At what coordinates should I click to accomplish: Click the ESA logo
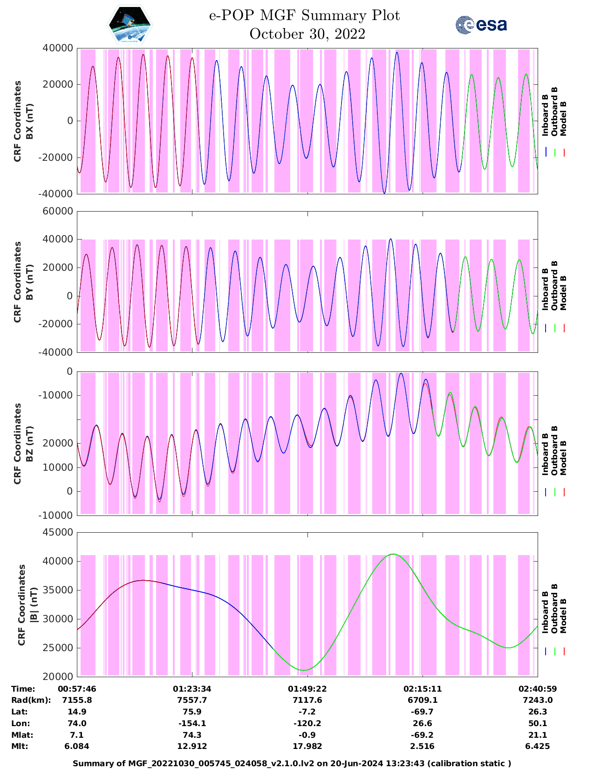point(481,25)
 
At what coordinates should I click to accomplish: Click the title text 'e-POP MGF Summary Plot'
point(304,16)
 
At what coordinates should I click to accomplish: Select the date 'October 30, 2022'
point(307,34)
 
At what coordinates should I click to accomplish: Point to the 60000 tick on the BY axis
point(58,211)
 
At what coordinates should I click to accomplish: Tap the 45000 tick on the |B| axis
point(58,532)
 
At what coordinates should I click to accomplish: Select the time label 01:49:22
point(307,689)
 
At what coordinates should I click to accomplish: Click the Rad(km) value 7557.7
point(192,700)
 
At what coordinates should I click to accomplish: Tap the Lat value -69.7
point(422,712)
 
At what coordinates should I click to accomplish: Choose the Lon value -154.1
point(192,723)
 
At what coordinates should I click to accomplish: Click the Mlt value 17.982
point(307,746)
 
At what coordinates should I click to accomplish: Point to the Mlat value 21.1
point(537,735)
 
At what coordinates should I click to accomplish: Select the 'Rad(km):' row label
point(31,700)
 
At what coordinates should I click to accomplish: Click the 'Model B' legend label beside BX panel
point(563,118)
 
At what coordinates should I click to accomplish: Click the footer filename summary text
point(292,763)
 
